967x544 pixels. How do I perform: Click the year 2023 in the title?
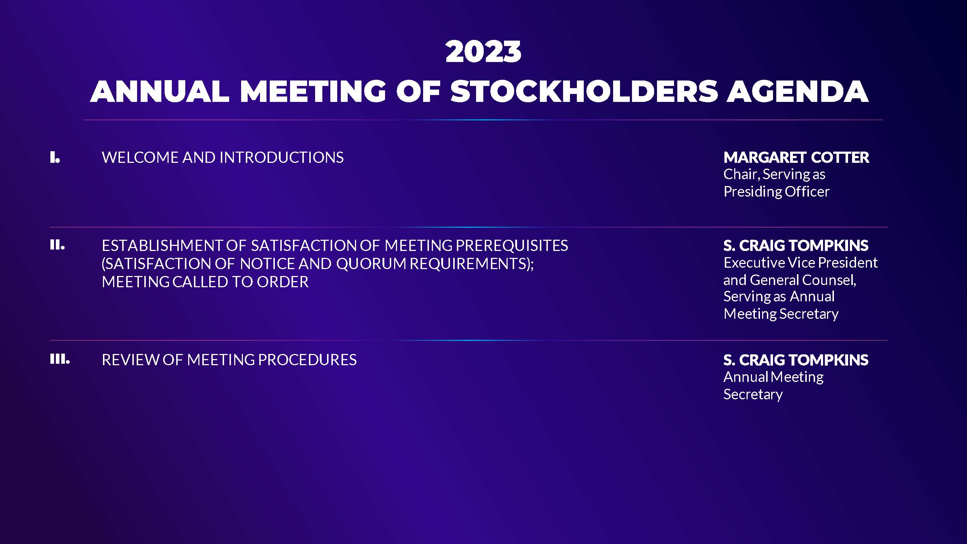(x=484, y=51)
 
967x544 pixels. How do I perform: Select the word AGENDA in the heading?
(x=798, y=91)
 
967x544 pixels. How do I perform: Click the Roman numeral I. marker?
(x=55, y=157)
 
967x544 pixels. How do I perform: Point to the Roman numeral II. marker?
(x=57, y=245)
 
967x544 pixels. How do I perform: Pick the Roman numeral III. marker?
(x=60, y=359)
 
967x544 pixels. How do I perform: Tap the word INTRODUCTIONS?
(x=281, y=157)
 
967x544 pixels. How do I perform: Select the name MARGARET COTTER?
(x=796, y=157)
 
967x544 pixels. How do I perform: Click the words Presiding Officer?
(x=776, y=191)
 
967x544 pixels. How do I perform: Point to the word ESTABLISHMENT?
(x=162, y=246)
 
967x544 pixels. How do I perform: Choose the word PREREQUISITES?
(x=512, y=246)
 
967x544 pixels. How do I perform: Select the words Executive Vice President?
(x=800, y=263)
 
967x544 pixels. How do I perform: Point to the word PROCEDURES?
(x=307, y=360)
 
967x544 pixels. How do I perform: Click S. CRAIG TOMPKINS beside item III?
(x=796, y=360)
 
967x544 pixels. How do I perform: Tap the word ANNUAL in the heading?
(x=160, y=91)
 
